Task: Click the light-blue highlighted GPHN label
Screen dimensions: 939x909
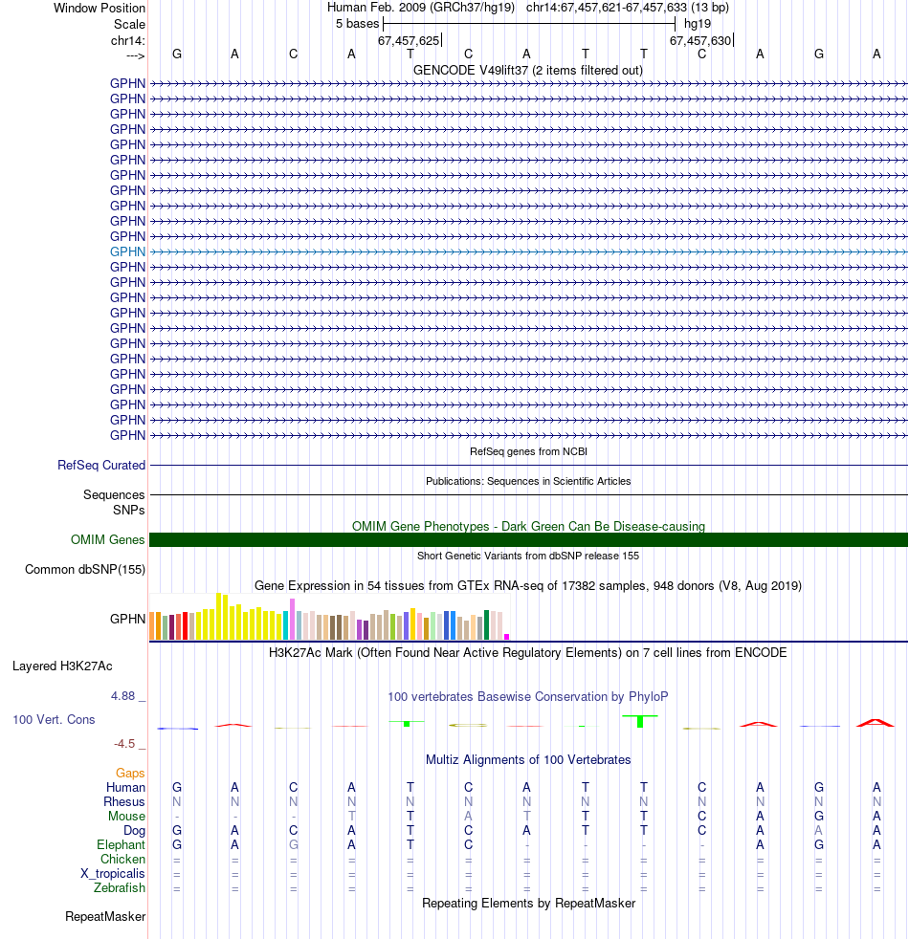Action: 127,251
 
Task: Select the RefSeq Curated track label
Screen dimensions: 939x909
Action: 101,466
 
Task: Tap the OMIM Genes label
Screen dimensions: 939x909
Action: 108,540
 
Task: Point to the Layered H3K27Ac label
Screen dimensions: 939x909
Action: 61,666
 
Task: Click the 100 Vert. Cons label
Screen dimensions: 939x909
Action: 54,719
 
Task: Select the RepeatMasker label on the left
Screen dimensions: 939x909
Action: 105,917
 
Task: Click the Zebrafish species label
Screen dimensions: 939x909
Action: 120,888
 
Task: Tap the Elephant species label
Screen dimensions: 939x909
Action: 121,845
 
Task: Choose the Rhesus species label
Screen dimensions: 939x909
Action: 125,802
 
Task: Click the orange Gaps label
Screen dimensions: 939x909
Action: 130,773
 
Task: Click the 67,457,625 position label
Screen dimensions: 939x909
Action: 409,41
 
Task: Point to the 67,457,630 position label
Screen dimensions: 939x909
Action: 700,41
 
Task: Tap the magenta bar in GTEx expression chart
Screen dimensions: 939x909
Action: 507,636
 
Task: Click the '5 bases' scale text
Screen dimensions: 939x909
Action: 357,23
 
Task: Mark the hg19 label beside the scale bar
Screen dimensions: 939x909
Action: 698,23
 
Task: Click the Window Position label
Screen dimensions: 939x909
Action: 100,8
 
